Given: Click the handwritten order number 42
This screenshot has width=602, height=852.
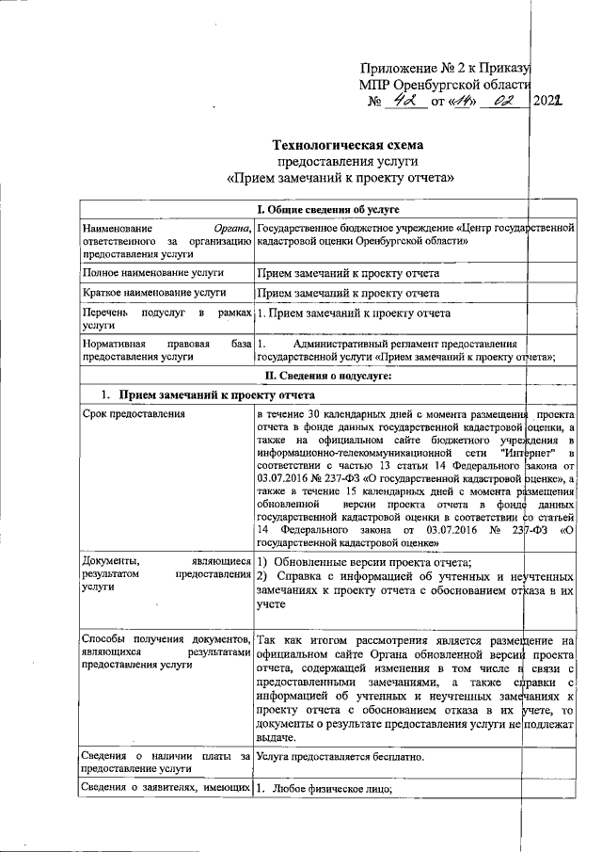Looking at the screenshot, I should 404,100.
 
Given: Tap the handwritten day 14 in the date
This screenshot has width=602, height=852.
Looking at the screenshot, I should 463,100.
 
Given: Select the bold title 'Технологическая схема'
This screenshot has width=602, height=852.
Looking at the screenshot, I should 347,146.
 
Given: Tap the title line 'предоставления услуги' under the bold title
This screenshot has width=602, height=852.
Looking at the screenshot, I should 347,162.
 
